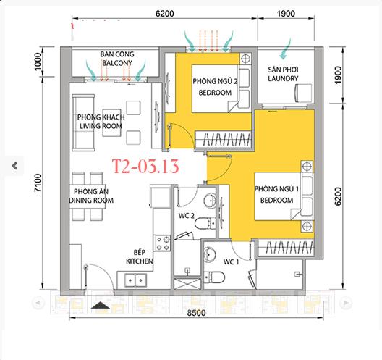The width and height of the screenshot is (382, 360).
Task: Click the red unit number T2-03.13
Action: click(x=145, y=167)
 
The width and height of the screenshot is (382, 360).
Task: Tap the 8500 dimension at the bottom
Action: click(x=196, y=313)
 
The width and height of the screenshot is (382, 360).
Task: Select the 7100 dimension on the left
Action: click(x=38, y=183)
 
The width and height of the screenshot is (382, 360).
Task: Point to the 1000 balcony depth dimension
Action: click(x=38, y=62)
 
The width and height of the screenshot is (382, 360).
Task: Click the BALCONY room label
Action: click(x=117, y=63)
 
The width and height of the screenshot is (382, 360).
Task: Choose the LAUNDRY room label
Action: click(x=283, y=78)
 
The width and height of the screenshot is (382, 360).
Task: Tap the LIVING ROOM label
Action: click(x=101, y=126)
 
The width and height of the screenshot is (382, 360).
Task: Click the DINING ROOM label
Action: click(x=91, y=200)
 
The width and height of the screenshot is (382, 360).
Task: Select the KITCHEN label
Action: click(x=140, y=261)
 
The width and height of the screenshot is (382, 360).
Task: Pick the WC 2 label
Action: click(x=187, y=216)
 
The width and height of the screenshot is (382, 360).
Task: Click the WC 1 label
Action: click(x=232, y=262)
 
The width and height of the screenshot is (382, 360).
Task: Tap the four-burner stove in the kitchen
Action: click(x=163, y=243)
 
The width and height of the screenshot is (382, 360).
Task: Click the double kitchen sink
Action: click(x=135, y=280)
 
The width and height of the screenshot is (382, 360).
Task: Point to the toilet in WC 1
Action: click(x=214, y=277)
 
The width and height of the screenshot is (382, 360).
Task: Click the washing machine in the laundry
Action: click(x=303, y=93)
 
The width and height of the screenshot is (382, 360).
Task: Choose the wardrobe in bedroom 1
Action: click(x=286, y=248)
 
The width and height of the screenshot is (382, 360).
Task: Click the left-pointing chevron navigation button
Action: click(x=14, y=166)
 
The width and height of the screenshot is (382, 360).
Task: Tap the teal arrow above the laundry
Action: click(x=285, y=49)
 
